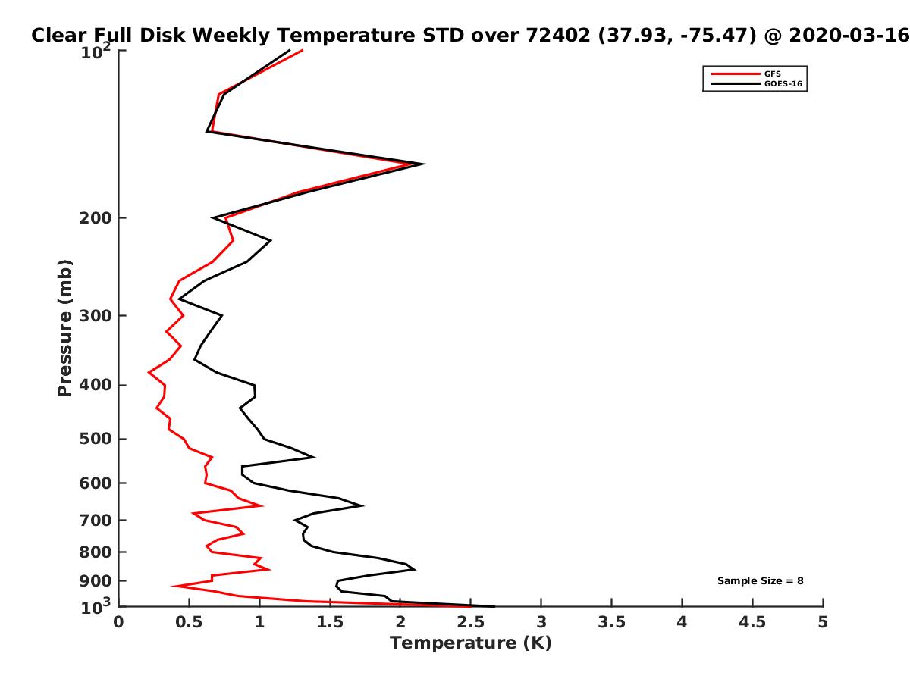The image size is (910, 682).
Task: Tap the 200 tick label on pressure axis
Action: [x=96, y=217]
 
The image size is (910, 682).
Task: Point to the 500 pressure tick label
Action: [x=96, y=439]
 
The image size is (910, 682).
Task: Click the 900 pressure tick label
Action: [x=96, y=581]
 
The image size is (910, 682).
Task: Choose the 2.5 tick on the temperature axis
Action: [x=471, y=622]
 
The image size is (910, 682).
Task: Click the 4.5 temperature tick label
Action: [x=752, y=622]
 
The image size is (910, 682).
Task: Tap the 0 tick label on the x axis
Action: [x=118, y=622]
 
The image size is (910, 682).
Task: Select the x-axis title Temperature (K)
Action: [x=471, y=643]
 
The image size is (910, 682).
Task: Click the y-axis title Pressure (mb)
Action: [x=64, y=328]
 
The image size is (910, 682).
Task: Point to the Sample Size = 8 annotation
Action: [x=761, y=581]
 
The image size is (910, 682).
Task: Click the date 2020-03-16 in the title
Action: [x=849, y=36]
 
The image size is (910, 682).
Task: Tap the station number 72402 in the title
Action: [x=558, y=36]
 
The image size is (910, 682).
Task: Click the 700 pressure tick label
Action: [x=96, y=520]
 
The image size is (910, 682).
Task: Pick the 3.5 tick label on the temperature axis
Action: [x=611, y=622]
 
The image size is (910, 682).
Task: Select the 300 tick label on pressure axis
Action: [x=96, y=315]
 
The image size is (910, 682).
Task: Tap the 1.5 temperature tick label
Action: [x=330, y=622]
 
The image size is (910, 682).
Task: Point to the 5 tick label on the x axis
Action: [x=823, y=622]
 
